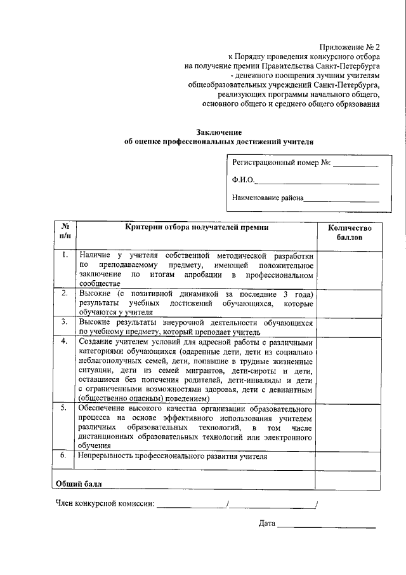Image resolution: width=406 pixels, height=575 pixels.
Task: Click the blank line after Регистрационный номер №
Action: coord(356,164)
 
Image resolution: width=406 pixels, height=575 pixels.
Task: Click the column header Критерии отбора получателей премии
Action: coord(196,227)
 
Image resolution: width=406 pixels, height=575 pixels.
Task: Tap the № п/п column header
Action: coord(65,233)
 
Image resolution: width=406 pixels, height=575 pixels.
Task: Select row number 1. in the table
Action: coord(65,255)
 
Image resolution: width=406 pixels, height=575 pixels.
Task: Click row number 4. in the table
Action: coord(65,341)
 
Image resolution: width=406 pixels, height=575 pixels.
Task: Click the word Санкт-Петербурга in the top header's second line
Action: coord(346,65)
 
